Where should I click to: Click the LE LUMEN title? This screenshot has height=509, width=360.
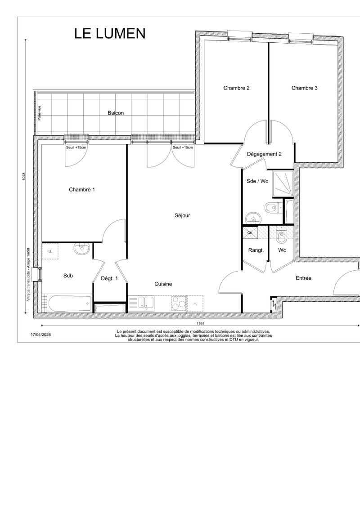point(110,33)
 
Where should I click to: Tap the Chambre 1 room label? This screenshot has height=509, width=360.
point(82,190)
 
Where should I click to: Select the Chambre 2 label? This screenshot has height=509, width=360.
point(236,88)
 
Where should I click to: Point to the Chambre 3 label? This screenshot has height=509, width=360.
point(305,88)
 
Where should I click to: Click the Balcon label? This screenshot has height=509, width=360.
point(116,113)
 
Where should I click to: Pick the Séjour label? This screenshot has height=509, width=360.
point(182,215)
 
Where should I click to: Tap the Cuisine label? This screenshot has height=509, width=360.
point(163,284)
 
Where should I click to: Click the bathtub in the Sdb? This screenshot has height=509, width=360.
point(70,304)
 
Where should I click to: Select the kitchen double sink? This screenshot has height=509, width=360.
point(146,303)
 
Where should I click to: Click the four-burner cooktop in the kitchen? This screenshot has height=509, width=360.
point(179,303)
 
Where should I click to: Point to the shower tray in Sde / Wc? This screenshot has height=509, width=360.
point(283,184)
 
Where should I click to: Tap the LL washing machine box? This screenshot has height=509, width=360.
point(50,251)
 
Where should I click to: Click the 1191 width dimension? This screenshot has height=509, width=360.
point(200,323)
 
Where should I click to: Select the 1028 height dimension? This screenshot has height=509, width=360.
point(24,177)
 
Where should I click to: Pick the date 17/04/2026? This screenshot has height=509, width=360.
point(40,335)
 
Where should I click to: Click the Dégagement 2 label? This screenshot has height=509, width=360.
point(264,154)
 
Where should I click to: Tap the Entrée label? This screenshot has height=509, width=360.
point(303,278)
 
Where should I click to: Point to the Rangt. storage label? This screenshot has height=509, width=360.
point(256,250)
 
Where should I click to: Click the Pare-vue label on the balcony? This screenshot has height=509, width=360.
point(39,113)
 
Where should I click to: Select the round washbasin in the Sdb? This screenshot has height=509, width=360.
point(82,249)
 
